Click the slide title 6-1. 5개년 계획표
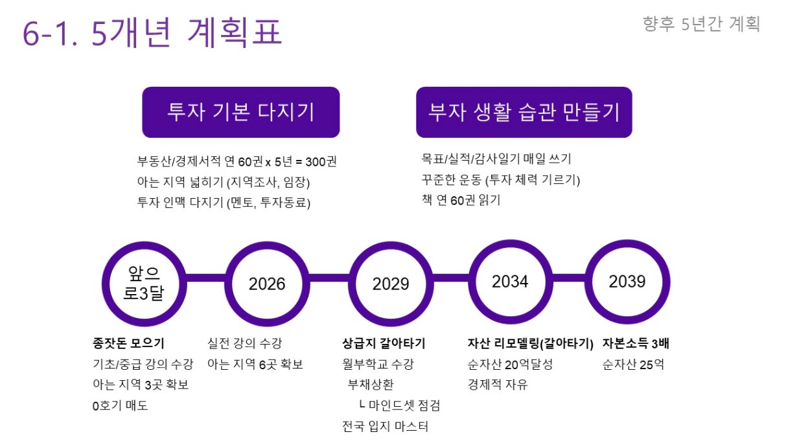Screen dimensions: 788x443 click(152, 32)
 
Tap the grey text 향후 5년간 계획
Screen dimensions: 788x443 click(701, 24)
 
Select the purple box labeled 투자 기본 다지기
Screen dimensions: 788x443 click(240, 112)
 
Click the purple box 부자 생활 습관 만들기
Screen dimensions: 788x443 click(524, 112)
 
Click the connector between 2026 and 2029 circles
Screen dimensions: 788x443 click(329, 278)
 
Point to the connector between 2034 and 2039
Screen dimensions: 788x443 click(569, 278)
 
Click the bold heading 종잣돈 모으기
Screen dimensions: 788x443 click(128, 343)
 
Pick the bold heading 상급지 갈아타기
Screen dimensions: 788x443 click(384, 343)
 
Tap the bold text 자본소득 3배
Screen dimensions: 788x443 click(636, 343)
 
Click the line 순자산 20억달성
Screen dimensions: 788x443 click(510, 364)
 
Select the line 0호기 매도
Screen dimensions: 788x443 click(120, 405)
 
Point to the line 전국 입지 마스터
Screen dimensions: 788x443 click(385, 426)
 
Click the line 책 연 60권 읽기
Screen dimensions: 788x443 click(461, 200)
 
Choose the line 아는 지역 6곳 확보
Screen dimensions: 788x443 click(255, 364)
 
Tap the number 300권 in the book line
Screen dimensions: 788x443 click(321, 162)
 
